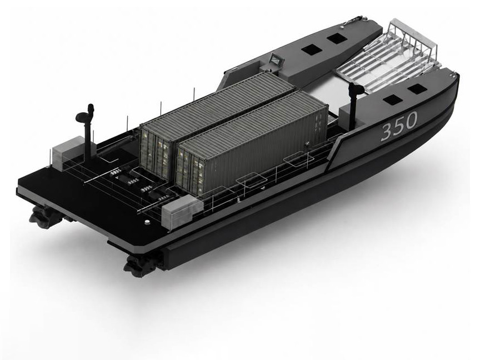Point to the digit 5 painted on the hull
click(x=399, y=126)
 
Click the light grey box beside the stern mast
click(x=67, y=153)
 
